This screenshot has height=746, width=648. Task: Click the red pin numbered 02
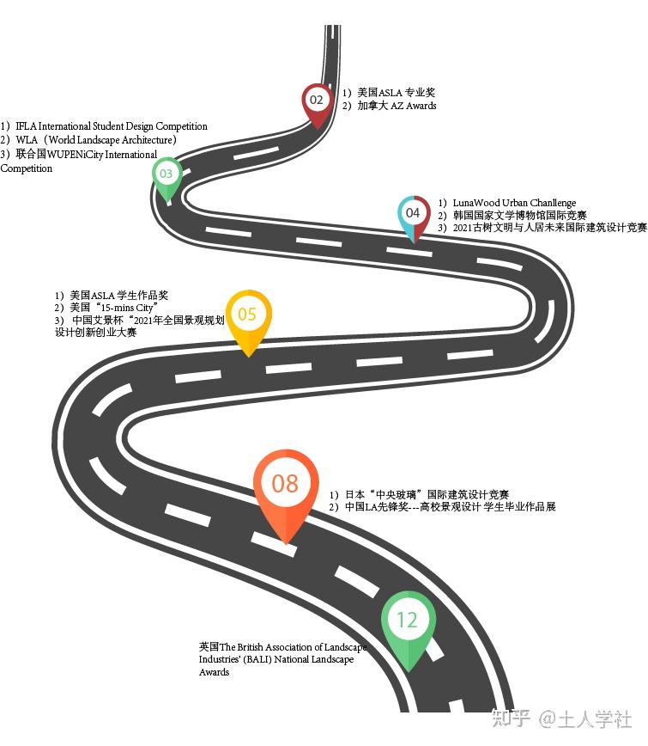317,101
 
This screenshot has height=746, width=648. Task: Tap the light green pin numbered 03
166,174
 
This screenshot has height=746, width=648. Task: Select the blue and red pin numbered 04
413,213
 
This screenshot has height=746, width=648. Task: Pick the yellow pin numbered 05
247,315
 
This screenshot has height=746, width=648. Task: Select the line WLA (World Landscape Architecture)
94,139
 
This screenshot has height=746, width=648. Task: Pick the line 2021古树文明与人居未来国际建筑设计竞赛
548,228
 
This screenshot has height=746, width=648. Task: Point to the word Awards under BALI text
214,672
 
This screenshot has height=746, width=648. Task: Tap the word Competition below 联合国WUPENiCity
27,168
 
